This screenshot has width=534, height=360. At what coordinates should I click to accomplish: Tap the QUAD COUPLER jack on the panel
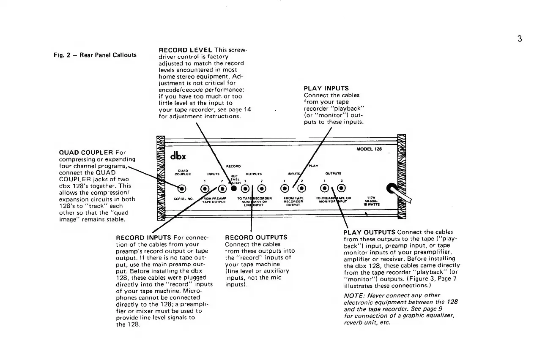[182, 188]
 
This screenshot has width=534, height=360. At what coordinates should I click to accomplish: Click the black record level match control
[234, 188]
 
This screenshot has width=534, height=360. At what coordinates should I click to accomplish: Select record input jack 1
[205, 188]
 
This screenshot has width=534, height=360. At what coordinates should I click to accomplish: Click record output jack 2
[261, 188]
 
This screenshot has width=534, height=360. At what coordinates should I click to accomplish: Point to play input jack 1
[286, 188]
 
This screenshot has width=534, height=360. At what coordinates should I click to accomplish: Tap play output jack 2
[341, 188]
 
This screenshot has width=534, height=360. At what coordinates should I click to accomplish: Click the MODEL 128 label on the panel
[369, 149]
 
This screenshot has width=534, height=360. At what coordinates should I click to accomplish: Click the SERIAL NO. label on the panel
[183, 198]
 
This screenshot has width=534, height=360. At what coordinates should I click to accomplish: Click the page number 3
[520, 39]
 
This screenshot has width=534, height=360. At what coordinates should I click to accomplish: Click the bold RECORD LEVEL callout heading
[186, 50]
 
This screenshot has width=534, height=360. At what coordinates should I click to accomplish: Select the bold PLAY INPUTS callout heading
[326, 88]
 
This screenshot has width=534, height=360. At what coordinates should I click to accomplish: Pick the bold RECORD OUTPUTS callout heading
[256, 237]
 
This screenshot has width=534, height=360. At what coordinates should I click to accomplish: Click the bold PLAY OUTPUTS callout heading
[370, 232]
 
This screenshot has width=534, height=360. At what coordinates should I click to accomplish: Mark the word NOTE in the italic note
[353, 295]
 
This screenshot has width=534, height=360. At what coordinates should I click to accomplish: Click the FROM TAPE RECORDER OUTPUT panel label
[294, 201]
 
